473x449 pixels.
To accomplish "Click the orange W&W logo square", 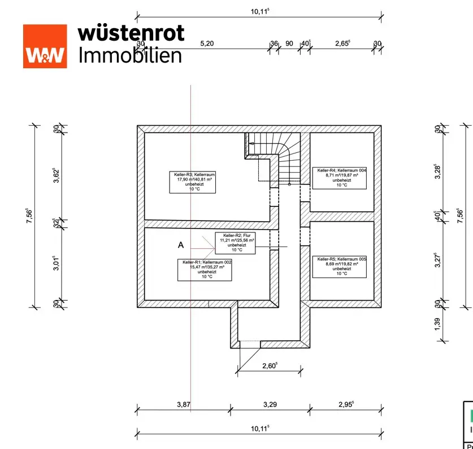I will pyautogui.click(x=45, y=46).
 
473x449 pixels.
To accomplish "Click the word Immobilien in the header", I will pyautogui.click(x=130, y=55).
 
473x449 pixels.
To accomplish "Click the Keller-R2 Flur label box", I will pyautogui.click(x=235, y=243).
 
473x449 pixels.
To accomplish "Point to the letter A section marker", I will pyautogui.click(x=181, y=245).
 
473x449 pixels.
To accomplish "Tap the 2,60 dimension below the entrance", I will pyautogui.click(x=270, y=366).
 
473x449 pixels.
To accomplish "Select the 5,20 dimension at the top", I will pyautogui.click(x=207, y=43).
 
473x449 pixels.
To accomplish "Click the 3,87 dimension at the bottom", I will pyautogui.click(x=183, y=404).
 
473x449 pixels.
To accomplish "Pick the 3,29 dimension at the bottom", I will pyautogui.click(x=271, y=404).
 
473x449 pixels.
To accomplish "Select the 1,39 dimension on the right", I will pyautogui.click(x=438, y=324).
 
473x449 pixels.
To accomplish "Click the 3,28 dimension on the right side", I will pyautogui.click(x=438, y=170).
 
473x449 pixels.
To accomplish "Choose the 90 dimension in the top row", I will pyautogui.click(x=289, y=43).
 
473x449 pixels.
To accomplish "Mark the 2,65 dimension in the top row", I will pyautogui.click(x=342, y=43).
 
